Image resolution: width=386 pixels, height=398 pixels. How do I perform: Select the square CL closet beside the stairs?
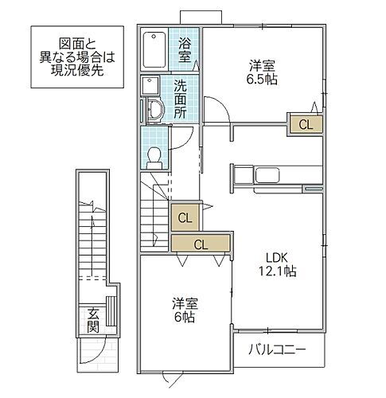pyautogui.click(x=185, y=217)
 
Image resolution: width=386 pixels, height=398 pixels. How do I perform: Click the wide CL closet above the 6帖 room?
pyautogui.click(x=201, y=244)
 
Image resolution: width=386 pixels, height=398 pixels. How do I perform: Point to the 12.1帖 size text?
pyautogui.click(x=279, y=272)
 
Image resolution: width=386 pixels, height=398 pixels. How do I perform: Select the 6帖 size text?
pyautogui.click(x=185, y=316)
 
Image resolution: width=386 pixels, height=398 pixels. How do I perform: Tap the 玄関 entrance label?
pyautogui.click(x=93, y=319)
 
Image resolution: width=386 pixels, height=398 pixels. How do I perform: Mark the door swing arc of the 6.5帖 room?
pyautogui.click(x=213, y=109)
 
